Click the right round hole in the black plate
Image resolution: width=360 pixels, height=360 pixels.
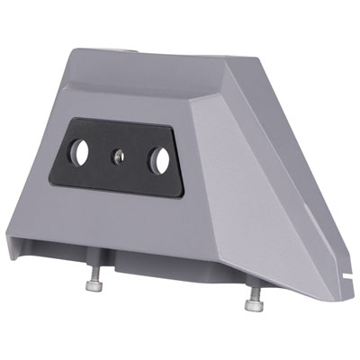point(160,161)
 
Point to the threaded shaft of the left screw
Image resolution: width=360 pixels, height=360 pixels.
point(93,274)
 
